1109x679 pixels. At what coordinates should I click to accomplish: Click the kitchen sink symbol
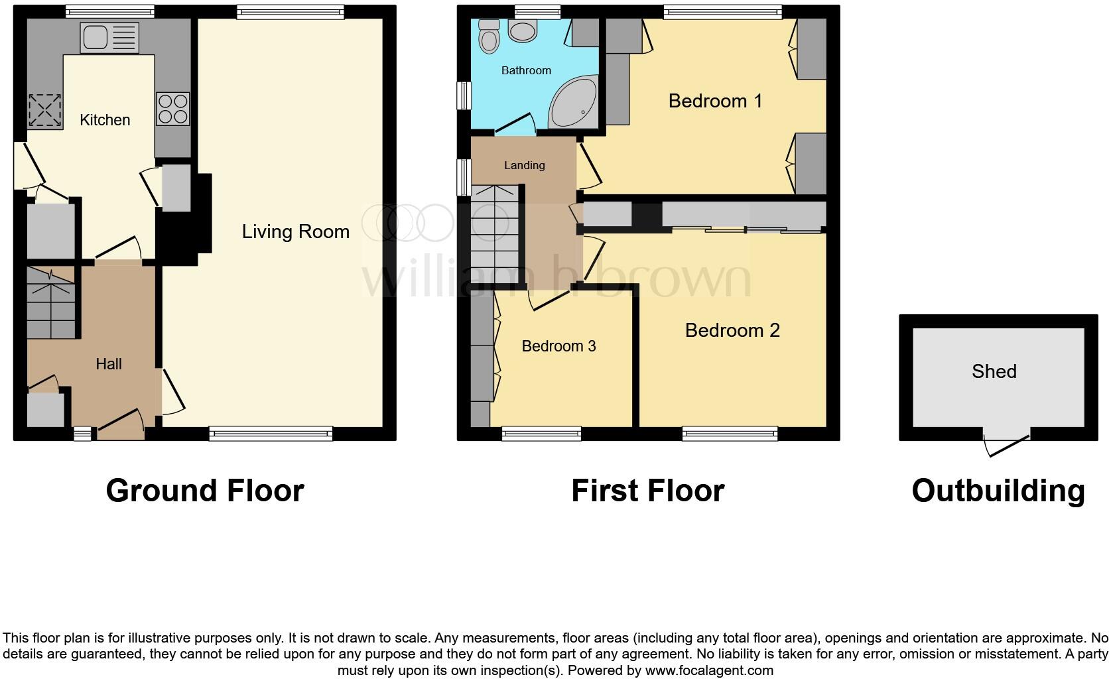[109, 37]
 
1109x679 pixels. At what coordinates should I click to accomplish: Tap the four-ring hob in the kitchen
[172, 109]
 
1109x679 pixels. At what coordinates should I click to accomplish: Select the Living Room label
[295, 231]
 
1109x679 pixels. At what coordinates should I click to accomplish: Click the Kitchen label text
[105, 120]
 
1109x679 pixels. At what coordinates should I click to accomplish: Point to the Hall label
[109, 364]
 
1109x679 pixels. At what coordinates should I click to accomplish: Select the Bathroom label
[526, 70]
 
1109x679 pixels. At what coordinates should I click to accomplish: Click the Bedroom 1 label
[715, 101]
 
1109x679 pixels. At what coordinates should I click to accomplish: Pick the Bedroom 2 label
[732, 330]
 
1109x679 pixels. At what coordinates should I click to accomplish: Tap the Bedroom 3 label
[558, 346]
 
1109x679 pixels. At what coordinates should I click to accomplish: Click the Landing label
[524, 166]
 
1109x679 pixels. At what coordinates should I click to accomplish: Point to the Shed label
[994, 371]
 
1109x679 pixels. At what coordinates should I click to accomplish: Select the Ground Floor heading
[205, 491]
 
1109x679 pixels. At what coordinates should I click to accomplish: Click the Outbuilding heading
[998, 491]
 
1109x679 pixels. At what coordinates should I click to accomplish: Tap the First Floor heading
[647, 491]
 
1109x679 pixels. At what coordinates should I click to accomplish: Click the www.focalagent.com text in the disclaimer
[708, 670]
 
